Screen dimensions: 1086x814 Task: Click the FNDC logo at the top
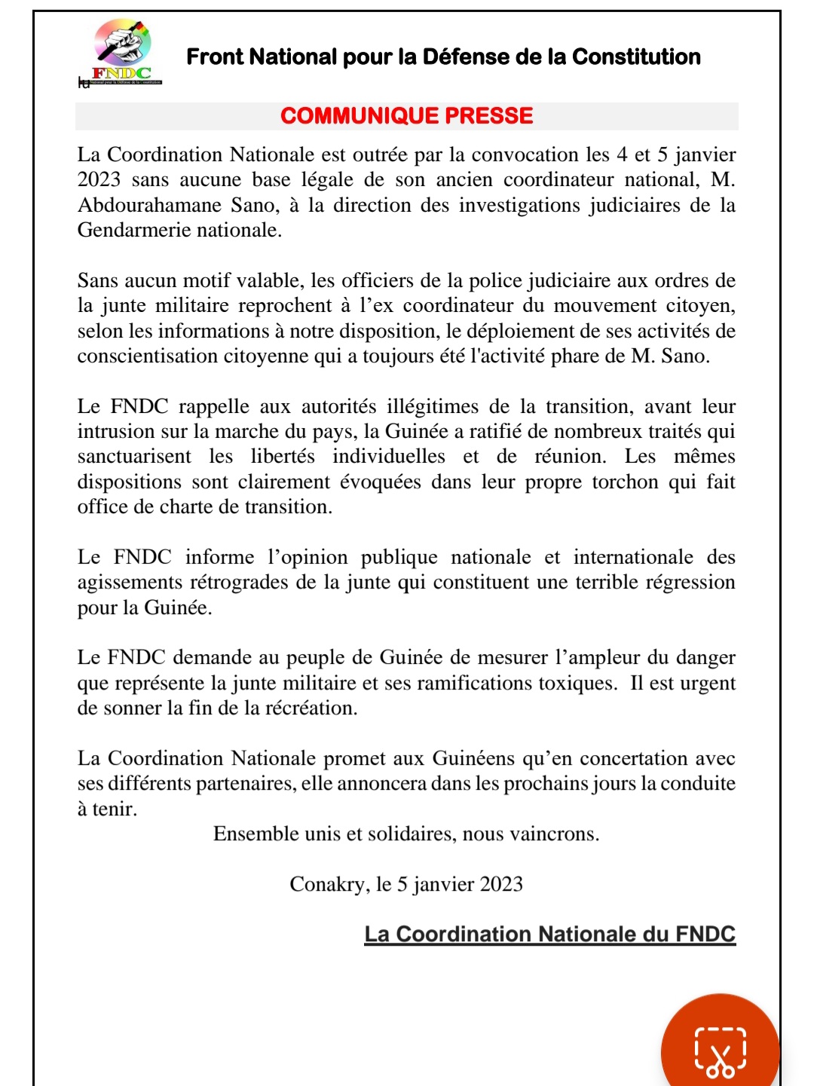pos(123,51)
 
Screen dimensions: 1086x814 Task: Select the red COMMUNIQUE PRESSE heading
pos(406,115)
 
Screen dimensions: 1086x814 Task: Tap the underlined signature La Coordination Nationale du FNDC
pos(549,934)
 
